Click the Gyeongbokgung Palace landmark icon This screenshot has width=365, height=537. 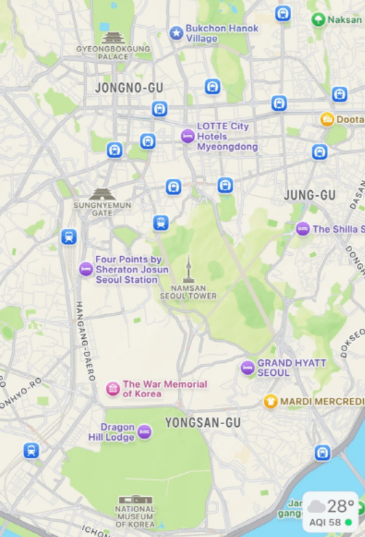click(113, 38)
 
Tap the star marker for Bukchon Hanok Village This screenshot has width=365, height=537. click(177, 33)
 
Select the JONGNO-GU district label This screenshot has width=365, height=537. click(129, 88)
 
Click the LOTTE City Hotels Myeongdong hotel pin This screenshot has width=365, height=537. click(188, 136)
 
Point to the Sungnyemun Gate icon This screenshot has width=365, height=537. click(102, 194)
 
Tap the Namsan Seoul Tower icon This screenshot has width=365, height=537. click(188, 270)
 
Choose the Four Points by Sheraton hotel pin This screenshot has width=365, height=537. click(86, 269)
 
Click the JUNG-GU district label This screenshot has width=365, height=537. click(310, 195)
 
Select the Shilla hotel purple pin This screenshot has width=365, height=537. click(302, 229)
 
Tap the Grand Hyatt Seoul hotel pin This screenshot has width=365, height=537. click(247, 368)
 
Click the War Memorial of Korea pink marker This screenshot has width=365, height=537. click(113, 389)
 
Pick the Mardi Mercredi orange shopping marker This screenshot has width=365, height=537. click(270, 402)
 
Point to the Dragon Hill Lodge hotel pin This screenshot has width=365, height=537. click(145, 432)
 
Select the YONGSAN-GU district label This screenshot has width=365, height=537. click(203, 423)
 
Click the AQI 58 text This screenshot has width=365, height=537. click(326, 522)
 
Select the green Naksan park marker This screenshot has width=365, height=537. click(318, 20)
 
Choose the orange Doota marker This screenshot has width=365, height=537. click(327, 119)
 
